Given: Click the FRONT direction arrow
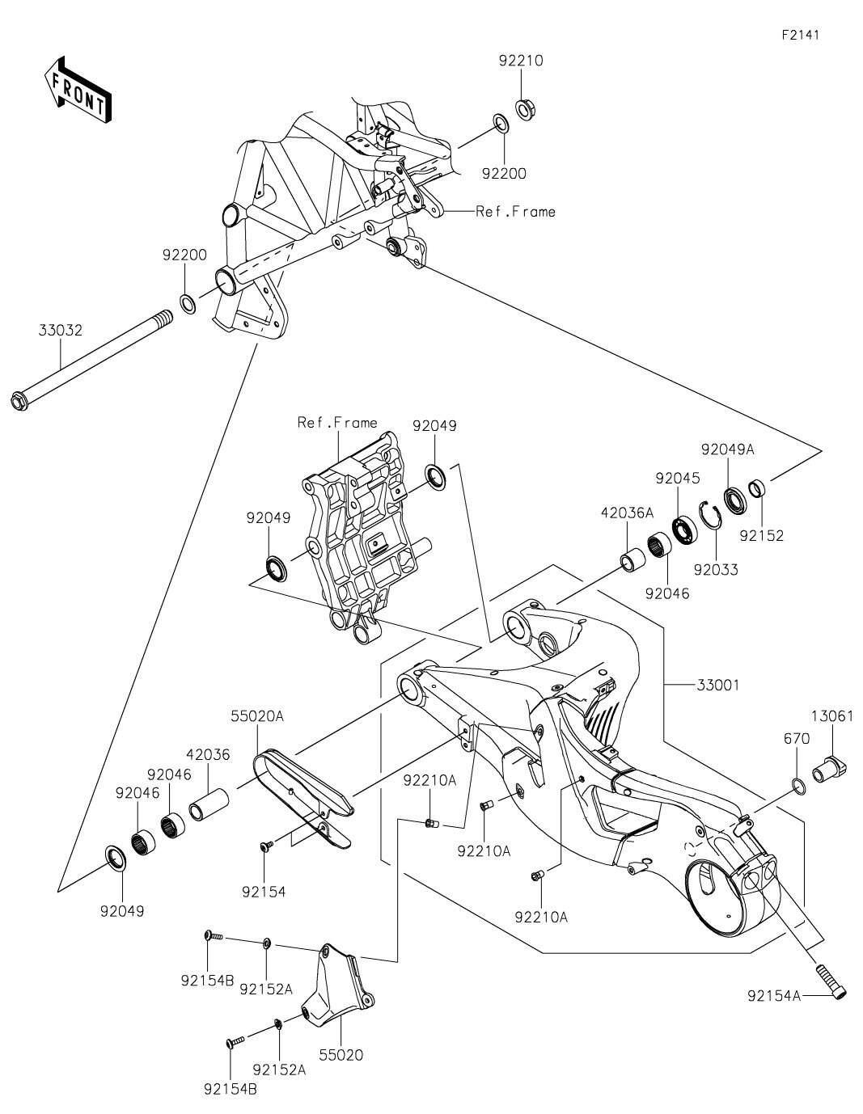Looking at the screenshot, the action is tap(78, 90).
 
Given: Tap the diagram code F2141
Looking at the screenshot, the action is tap(801, 36).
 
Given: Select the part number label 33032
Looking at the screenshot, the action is tap(60, 330).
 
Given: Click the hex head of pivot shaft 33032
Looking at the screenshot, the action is tap(20, 402).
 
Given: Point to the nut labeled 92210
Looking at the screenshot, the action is tap(522, 110).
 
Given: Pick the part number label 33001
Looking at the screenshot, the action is tap(717, 685).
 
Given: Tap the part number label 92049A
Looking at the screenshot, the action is tap(728, 449).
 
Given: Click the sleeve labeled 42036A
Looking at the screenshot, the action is tap(635, 559).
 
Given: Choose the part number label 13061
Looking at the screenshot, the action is tap(831, 715).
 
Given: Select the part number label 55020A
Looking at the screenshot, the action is tap(257, 716).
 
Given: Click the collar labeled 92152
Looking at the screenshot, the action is tap(758, 487).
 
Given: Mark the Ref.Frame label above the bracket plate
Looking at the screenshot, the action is tap(337, 423).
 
